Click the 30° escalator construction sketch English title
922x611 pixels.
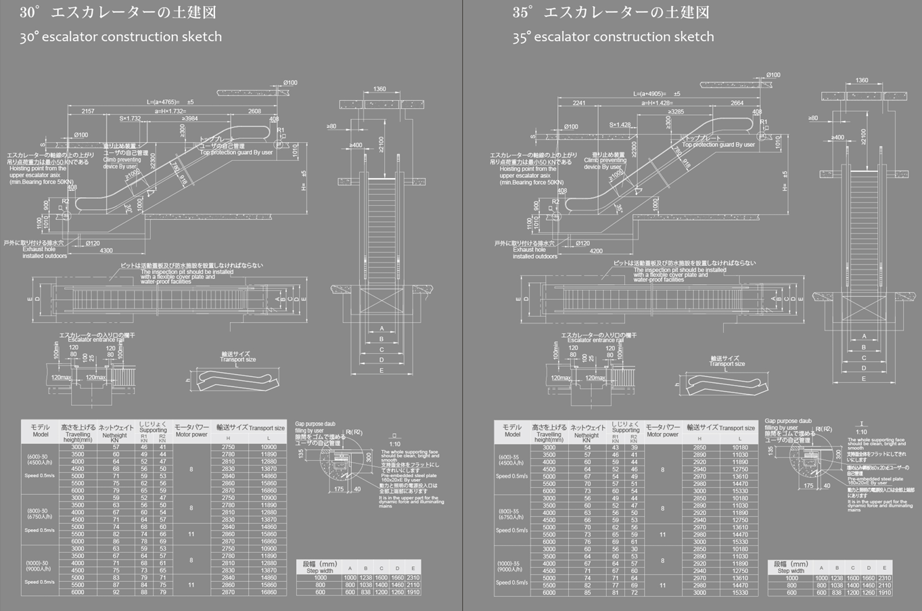(120, 37)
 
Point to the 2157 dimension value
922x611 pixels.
(88, 111)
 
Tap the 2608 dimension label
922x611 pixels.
(254, 111)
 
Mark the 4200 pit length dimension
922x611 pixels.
(596, 251)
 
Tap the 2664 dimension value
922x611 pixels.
(737, 104)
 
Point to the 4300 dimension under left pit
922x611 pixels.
(106, 251)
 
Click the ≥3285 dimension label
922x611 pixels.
(674, 112)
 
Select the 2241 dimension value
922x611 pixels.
(579, 104)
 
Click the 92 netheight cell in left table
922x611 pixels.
(116, 592)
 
